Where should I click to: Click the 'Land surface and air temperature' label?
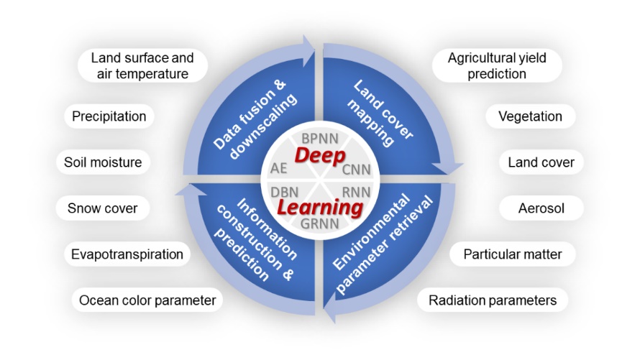[142, 65]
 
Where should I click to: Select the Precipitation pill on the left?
[109, 116]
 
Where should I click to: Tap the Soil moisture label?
[103, 162]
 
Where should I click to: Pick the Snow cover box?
[103, 208]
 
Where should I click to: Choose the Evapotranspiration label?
[127, 254]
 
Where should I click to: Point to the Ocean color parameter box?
[147, 300]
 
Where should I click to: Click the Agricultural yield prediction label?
[497, 65]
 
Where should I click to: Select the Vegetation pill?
[531, 116]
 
